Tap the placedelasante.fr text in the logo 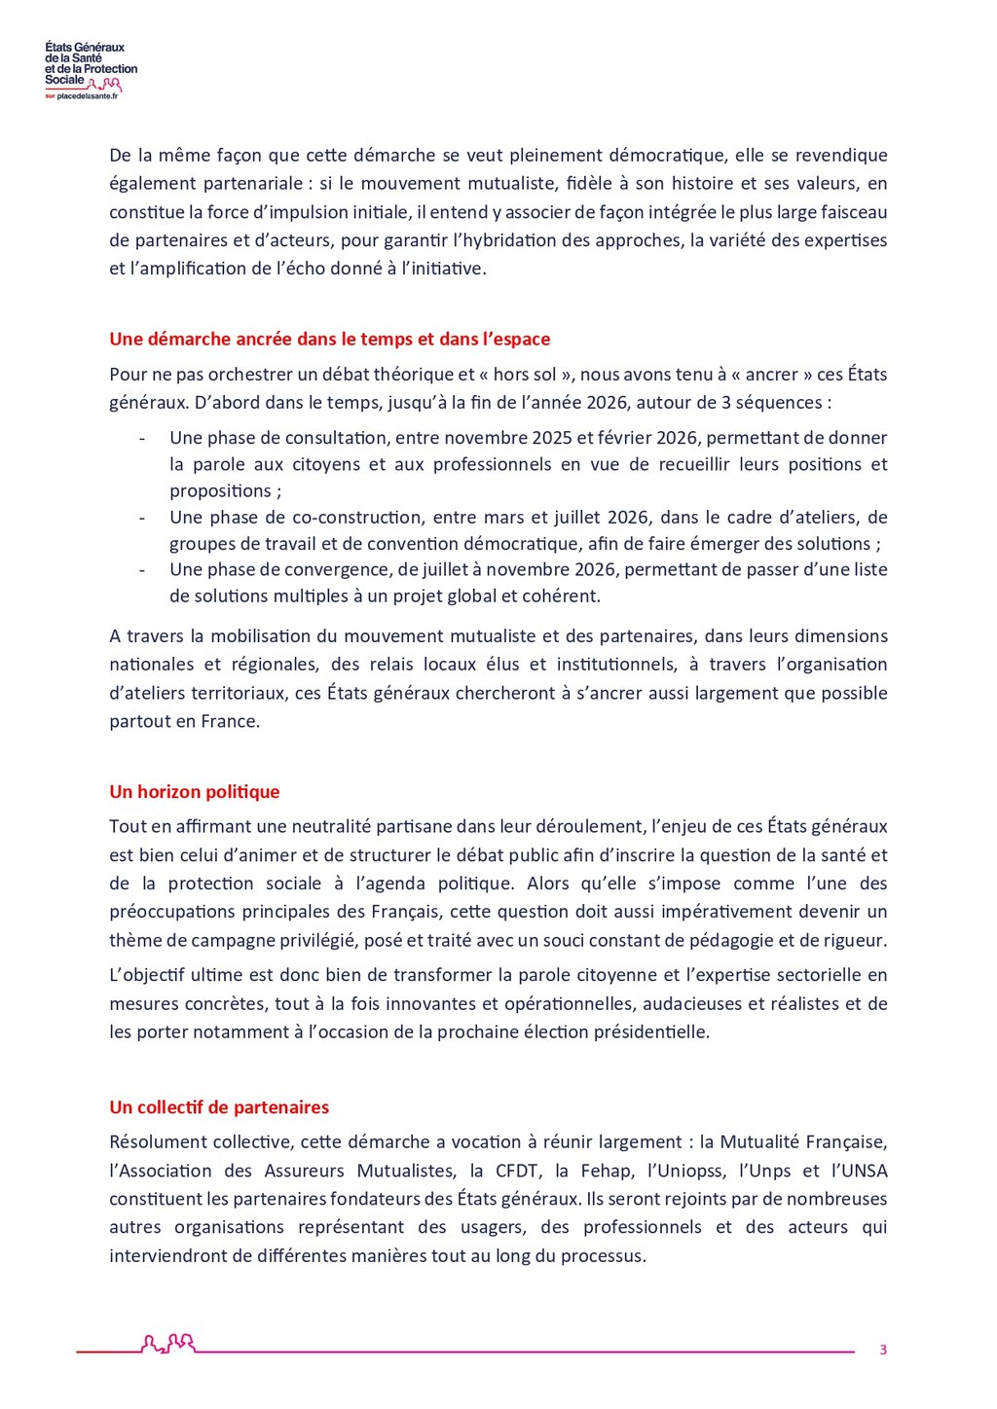pos(88,96)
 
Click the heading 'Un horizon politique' pos(195,792)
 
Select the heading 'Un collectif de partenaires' pos(219,1107)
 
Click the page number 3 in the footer pos(883,1350)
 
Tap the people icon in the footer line pos(168,1344)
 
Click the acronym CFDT pos(517,1171)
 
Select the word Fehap pos(606,1171)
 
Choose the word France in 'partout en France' pos(230,722)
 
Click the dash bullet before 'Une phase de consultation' pos(142,439)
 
